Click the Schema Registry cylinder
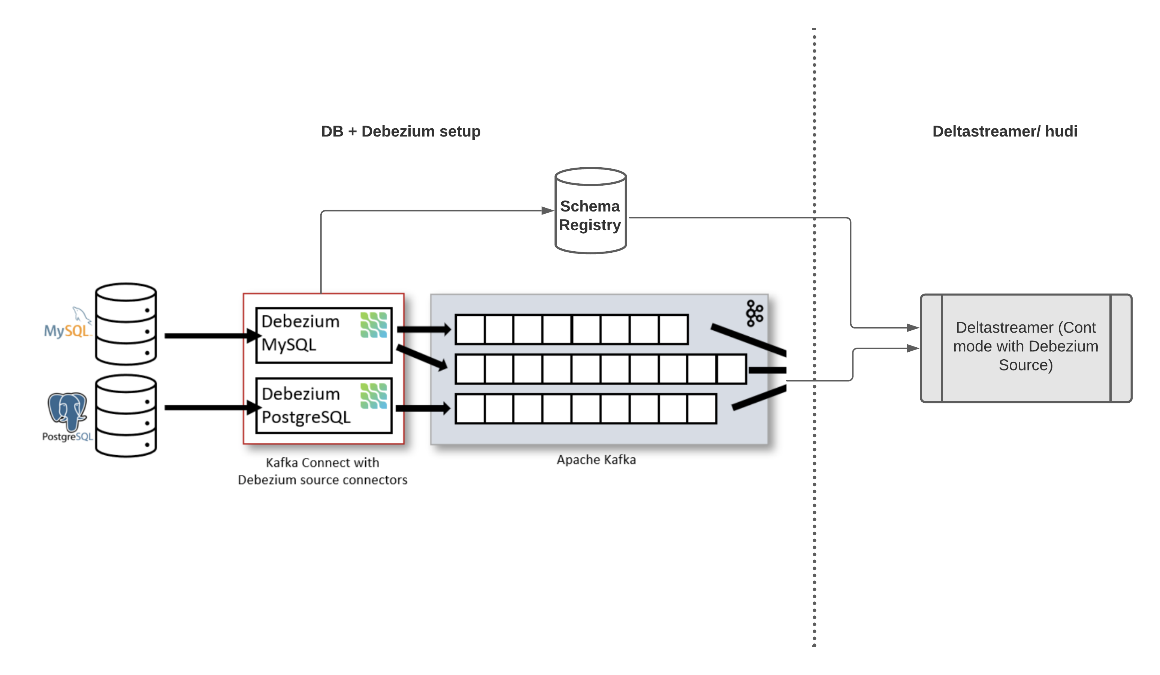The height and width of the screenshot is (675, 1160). [590, 211]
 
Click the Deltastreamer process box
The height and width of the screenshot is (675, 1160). [1025, 348]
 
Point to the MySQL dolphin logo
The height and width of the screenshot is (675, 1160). [67, 324]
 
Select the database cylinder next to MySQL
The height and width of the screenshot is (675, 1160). [126, 324]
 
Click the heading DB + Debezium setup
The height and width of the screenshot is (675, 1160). [401, 131]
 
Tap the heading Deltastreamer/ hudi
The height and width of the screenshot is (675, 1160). [1005, 131]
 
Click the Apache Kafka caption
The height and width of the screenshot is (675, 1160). [596, 459]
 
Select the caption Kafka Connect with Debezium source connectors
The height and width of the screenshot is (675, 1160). [322, 471]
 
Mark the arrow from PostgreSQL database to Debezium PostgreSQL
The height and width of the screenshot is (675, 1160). [209, 407]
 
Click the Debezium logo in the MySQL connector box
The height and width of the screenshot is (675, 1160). [373, 325]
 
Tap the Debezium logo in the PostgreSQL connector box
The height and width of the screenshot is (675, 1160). [373, 396]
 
